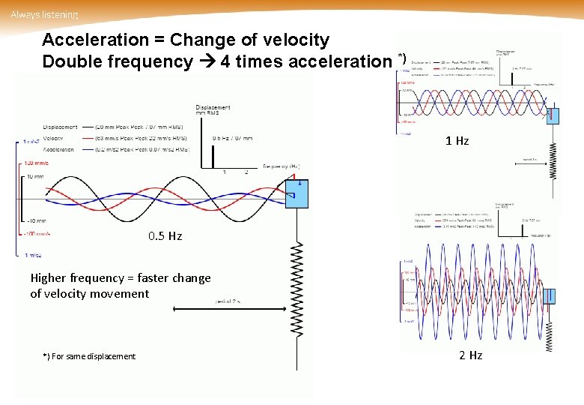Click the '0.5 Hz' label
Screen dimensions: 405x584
[x=165, y=236]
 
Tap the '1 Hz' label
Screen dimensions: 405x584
[x=457, y=141]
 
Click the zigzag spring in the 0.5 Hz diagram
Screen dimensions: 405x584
[x=297, y=289]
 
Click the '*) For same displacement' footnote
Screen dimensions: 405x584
[x=89, y=356]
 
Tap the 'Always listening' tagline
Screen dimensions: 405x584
[x=44, y=14]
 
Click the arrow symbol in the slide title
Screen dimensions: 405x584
[x=207, y=61]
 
